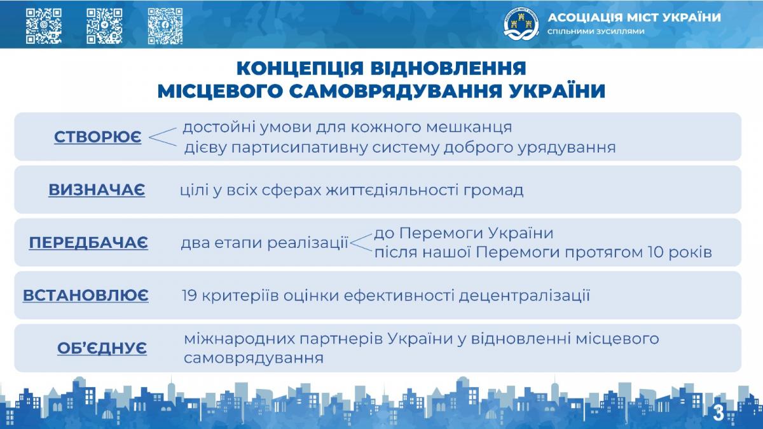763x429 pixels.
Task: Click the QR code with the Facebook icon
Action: tap(165, 26)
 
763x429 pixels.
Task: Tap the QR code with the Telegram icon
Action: tap(104, 26)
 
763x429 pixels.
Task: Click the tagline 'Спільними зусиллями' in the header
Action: tap(596, 31)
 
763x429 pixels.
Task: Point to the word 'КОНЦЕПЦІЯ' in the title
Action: tap(300, 68)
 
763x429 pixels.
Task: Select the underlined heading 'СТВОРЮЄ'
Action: tap(98, 137)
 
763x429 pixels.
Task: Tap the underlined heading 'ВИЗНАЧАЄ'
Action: tap(97, 189)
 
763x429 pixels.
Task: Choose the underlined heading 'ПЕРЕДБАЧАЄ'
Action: tap(88, 242)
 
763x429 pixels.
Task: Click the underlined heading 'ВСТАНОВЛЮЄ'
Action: tap(85, 295)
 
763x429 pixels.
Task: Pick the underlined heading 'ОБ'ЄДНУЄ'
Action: tap(102, 348)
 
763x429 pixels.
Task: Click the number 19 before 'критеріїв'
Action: tap(189, 296)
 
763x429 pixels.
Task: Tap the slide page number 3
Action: tap(718, 413)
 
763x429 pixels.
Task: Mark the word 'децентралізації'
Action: tap(524, 296)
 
